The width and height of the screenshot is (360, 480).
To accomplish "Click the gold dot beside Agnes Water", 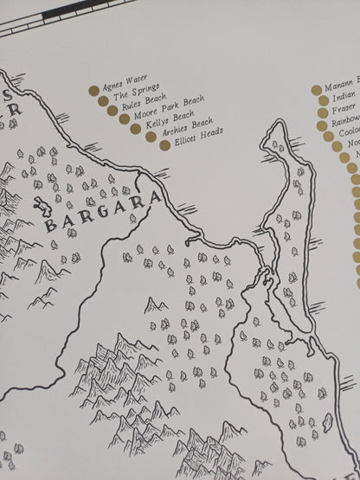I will tap(94, 88).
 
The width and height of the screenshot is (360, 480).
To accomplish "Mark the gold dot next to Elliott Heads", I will tap(164, 144).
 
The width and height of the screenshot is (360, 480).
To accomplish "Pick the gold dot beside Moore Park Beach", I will tap(124, 119).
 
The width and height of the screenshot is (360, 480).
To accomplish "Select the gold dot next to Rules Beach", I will tap(112, 111).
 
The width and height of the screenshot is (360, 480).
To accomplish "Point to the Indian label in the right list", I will tap(344, 99).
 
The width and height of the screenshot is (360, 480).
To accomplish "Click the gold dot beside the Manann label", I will tap(316, 89).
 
